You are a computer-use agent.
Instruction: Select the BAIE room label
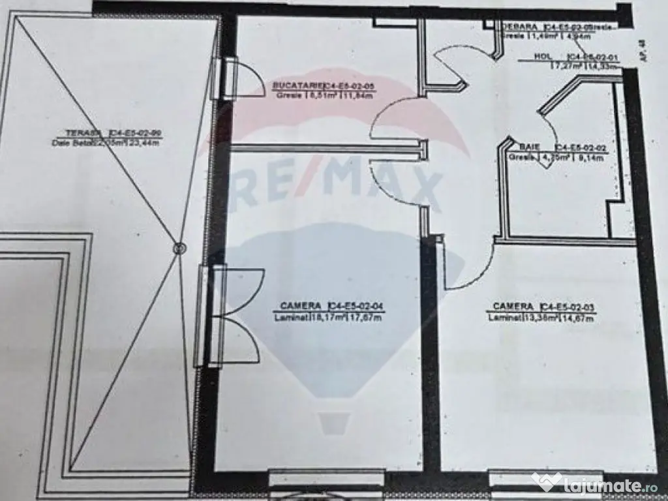[x=528, y=148]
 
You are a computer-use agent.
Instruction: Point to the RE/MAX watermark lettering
[x=339, y=186]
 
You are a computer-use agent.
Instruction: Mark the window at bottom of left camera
[x=327, y=479]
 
